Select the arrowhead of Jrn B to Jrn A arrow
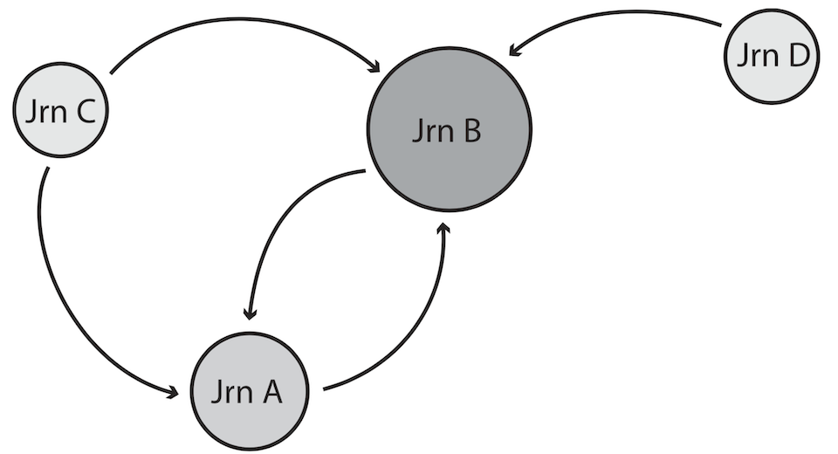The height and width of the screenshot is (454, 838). (251, 312)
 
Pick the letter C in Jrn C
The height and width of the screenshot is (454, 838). (86, 113)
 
